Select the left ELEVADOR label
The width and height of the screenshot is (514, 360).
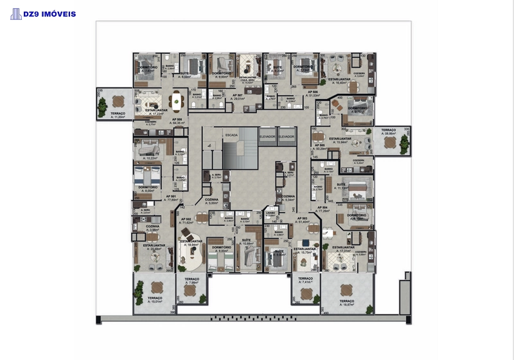tap(267, 136)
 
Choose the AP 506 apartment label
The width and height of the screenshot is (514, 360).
tap(330, 92)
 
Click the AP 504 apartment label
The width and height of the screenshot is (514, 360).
tap(321, 208)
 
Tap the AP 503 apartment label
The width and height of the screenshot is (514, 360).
tap(301, 219)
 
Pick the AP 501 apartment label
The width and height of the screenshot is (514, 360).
tap(171, 197)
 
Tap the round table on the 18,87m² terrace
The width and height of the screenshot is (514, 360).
tap(346, 289)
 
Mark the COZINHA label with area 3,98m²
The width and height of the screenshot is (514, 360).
tap(152, 227)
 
